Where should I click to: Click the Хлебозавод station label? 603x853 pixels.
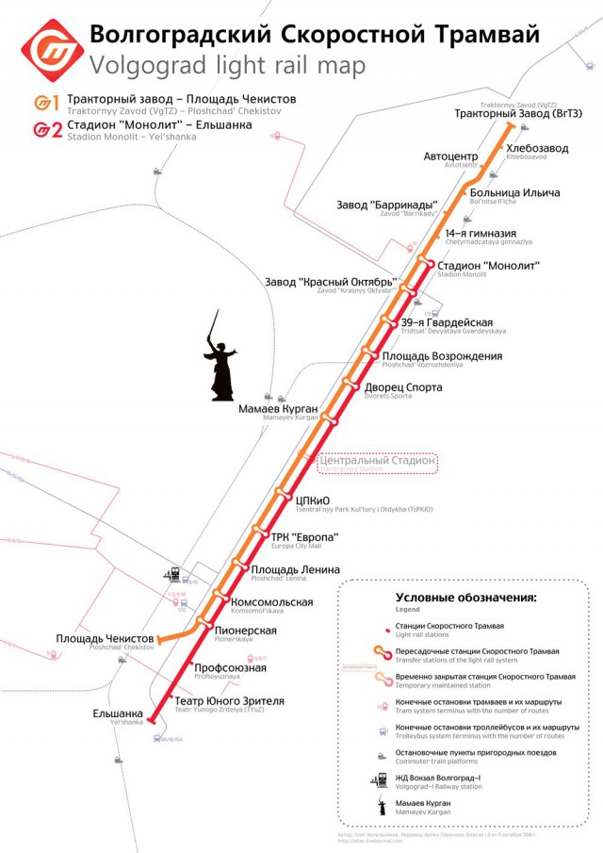(x=537, y=148)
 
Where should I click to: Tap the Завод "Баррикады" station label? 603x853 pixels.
(x=387, y=205)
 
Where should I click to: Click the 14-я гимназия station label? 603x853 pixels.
(x=481, y=234)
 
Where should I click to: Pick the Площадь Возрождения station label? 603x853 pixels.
(x=441, y=356)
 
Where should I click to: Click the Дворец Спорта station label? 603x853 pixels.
(x=403, y=386)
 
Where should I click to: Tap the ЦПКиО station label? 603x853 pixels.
(x=312, y=500)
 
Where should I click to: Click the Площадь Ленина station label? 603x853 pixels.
(x=295, y=569)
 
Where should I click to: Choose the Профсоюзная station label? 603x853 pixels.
(x=230, y=668)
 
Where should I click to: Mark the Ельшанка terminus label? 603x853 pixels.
(x=118, y=714)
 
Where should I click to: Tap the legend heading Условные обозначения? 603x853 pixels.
(x=465, y=598)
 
